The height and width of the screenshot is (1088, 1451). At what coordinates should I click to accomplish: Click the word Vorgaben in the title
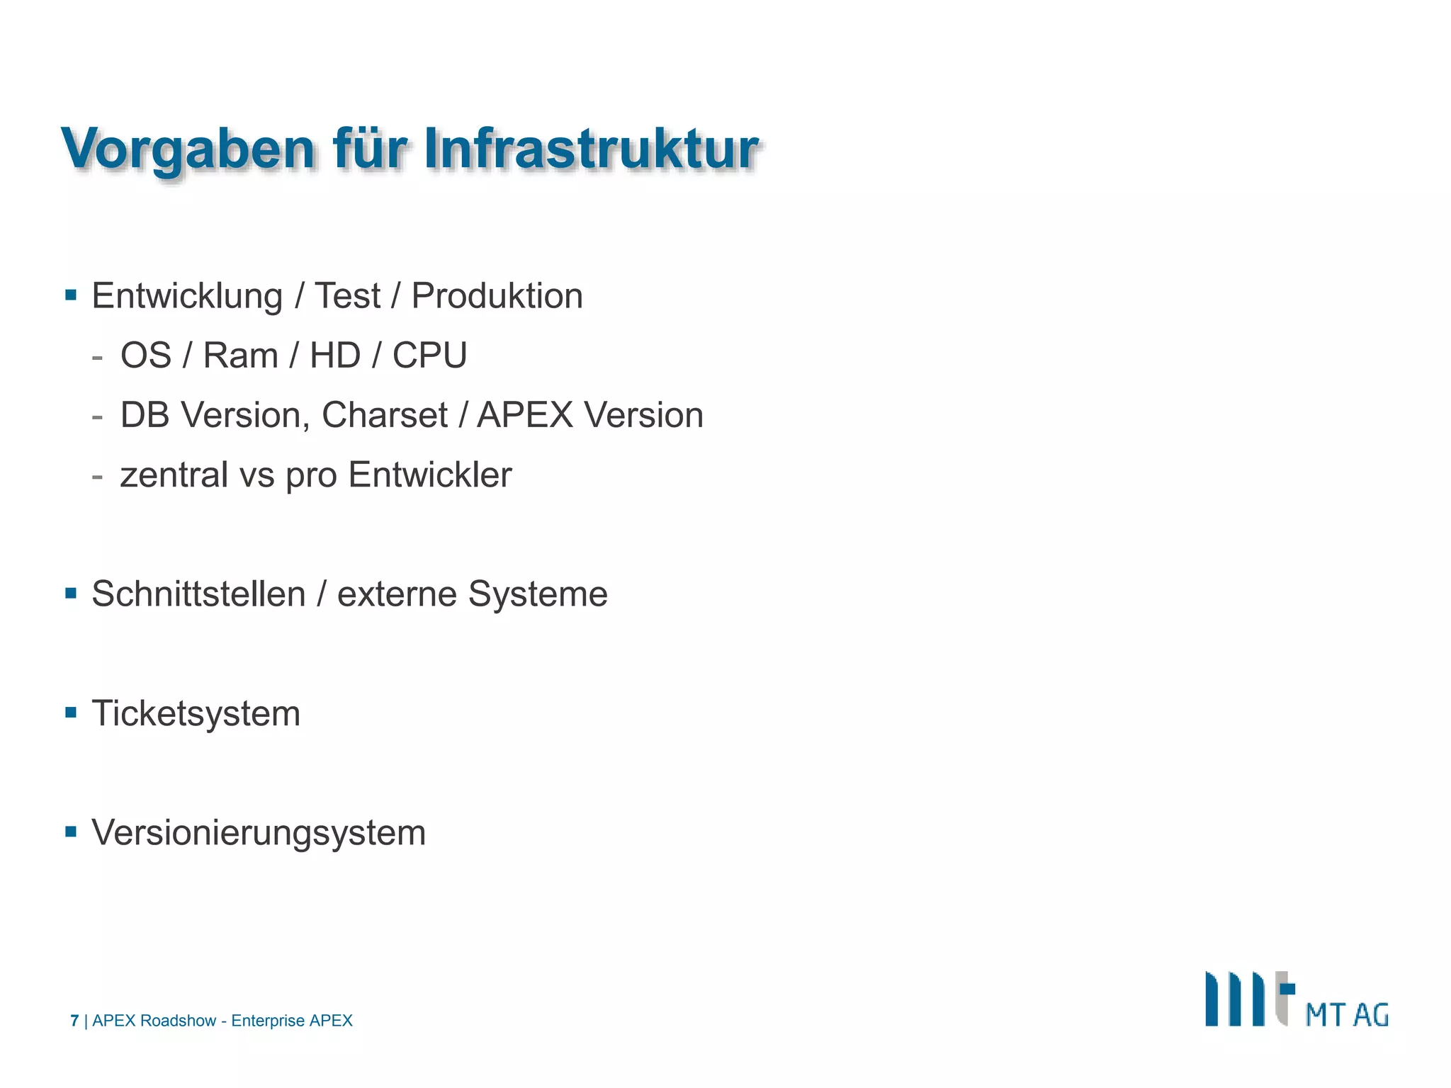pyautogui.click(x=188, y=150)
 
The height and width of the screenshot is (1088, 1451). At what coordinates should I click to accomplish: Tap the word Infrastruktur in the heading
pyautogui.click(x=592, y=150)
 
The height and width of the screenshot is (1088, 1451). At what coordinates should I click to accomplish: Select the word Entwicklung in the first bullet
pyautogui.click(x=187, y=296)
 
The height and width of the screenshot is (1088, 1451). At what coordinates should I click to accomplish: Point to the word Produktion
pyautogui.click(x=497, y=296)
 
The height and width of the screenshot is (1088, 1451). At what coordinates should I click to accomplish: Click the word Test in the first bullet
pyautogui.click(x=347, y=296)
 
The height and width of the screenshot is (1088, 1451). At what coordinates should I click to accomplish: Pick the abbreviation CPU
pyautogui.click(x=429, y=356)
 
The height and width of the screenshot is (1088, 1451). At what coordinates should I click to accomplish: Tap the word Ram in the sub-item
pyautogui.click(x=240, y=356)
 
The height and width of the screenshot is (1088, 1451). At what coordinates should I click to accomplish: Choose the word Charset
pyautogui.click(x=384, y=415)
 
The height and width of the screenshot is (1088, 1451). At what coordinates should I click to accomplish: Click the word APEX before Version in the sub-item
pyautogui.click(x=524, y=415)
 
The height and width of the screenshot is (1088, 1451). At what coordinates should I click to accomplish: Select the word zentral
pyautogui.click(x=174, y=475)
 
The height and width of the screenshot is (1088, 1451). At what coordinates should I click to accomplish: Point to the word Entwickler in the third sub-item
pyautogui.click(x=429, y=475)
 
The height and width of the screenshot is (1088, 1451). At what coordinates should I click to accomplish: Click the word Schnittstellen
pyautogui.click(x=198, y=594)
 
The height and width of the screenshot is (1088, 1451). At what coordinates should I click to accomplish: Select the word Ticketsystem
pyautogui.click(x=196, y=713)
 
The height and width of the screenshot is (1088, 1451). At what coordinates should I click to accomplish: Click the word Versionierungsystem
pyautogui.click(x=259, y=832)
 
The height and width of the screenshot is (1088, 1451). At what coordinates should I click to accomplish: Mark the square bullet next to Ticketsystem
pyautogui.click(x=71, y=712)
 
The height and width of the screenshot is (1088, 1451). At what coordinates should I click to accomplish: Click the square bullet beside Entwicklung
pyautogui.click(x=71, y=295)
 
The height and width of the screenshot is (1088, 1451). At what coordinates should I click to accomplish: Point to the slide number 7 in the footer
pyautogui.click(x=74, y=1021)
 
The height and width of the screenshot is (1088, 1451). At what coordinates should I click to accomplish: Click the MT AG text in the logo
pyautogui.click(x=1346, y=1015)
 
